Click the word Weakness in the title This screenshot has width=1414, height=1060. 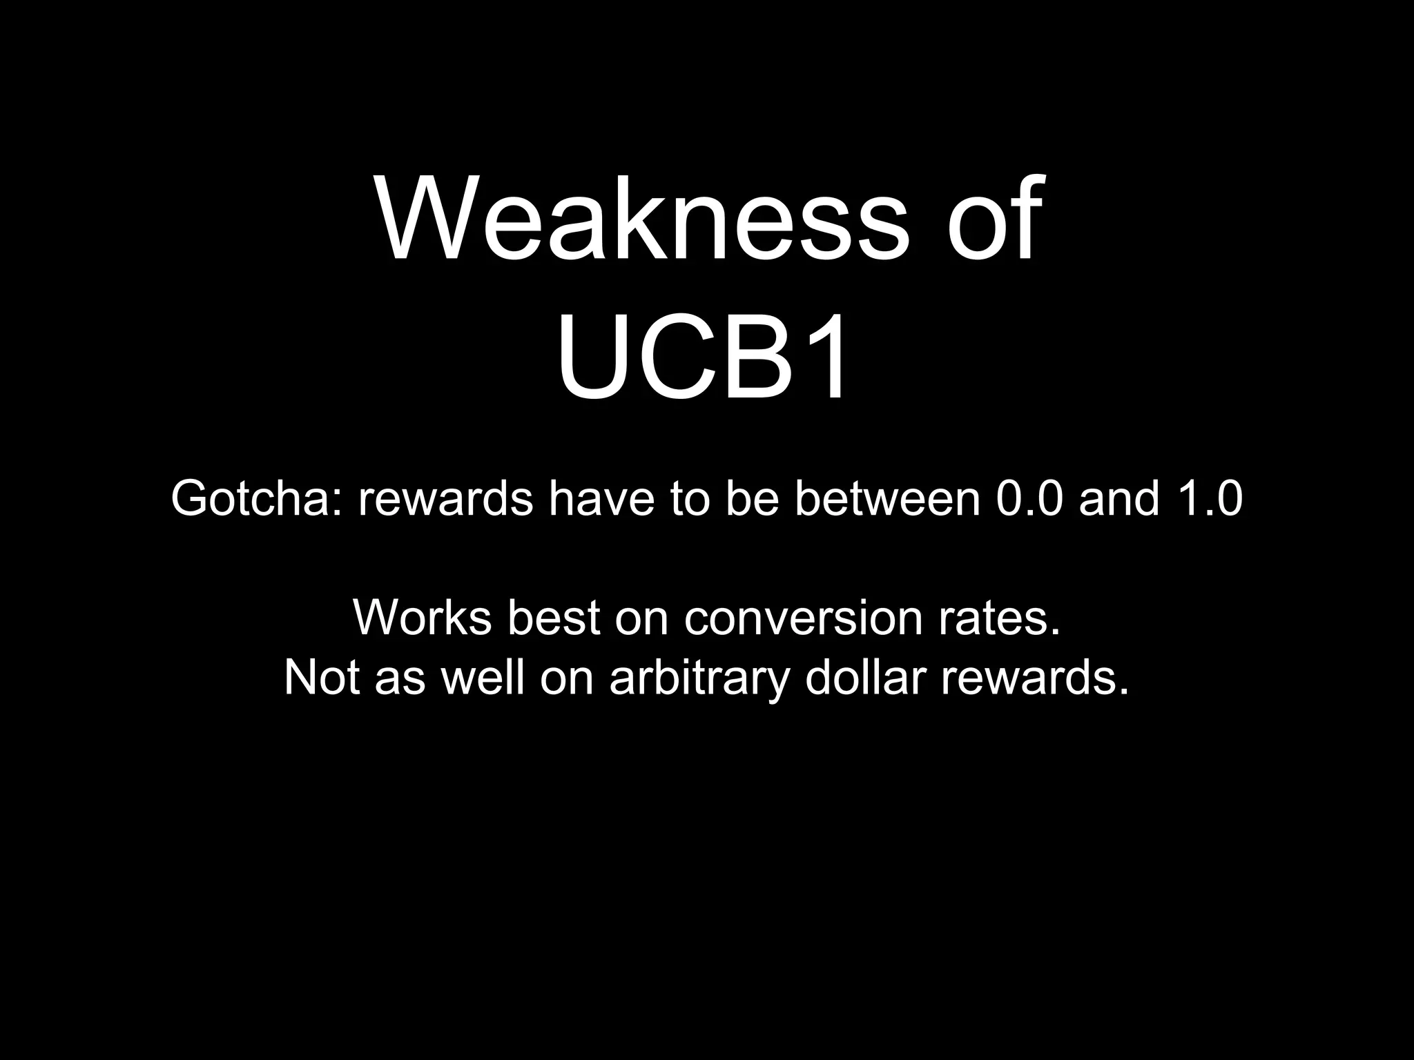tap(642, 219)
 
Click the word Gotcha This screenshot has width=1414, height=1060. tap(257, 498)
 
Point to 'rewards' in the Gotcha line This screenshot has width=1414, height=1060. tap(446, 498)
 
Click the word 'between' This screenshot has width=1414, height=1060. tap(888, 498)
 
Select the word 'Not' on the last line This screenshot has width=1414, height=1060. tap(322, 678)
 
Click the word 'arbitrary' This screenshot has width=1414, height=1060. tap(699, 678)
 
